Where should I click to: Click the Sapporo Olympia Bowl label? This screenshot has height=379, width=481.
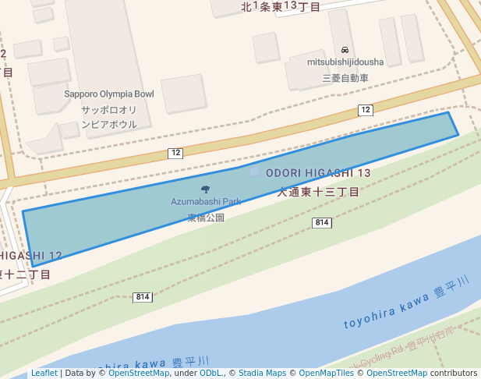coord(109,94)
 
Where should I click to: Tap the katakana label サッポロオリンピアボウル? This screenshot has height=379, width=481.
coord(109,117)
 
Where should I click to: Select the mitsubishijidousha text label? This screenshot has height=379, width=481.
coord(345,62)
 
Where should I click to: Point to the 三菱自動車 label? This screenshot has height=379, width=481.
coord(345,78)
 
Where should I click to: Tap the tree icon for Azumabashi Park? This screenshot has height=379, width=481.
coord(206,189)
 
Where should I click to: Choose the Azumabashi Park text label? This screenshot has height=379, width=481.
coord(206,201)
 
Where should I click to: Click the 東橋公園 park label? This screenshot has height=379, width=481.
coord(206,218)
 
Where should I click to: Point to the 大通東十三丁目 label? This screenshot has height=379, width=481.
coord(318,191)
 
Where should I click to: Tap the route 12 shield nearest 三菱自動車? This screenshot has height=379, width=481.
coord(366,110)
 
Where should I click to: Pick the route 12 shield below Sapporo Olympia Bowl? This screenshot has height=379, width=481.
coord(175,153)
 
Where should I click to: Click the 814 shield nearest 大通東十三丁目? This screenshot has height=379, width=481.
coord(321,223)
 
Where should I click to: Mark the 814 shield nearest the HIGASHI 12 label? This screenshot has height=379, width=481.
coord(142,297)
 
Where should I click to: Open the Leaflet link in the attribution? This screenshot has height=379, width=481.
coord(44,374)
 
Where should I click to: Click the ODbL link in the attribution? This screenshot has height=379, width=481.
coord(212,374)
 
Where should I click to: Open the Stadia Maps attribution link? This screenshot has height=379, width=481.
coord(262,374)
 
